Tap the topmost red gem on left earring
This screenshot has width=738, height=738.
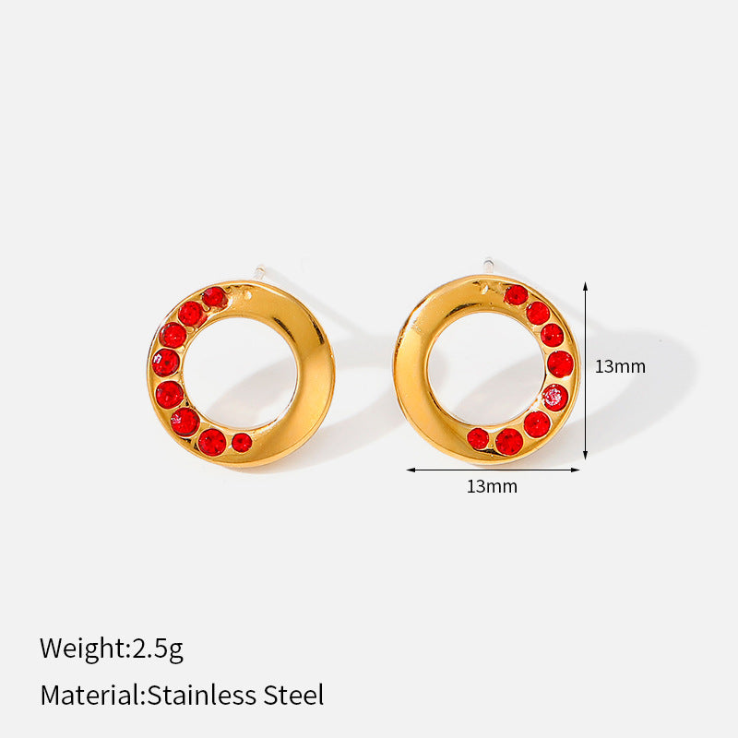click(215, 297)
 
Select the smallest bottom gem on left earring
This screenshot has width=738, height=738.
click(242, 443)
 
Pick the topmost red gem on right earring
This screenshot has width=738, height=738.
click(516, 294)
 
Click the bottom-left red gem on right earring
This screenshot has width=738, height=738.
click(478, 439)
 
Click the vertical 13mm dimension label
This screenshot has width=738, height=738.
click(620, 366)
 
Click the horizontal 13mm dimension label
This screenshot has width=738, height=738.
click(492, 487)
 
